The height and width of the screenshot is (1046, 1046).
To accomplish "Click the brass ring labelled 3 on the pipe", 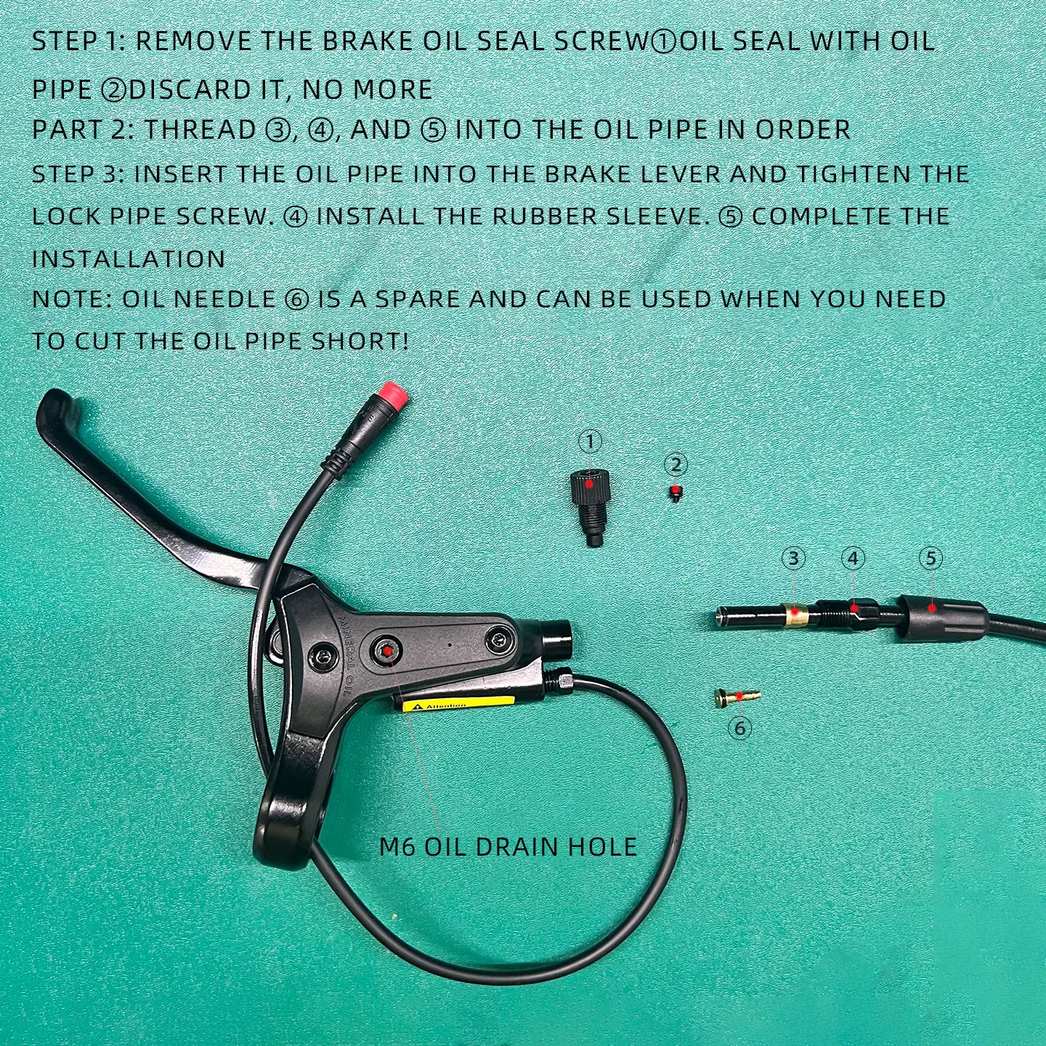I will point(795,615).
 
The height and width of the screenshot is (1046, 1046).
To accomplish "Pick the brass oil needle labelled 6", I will point(737,697).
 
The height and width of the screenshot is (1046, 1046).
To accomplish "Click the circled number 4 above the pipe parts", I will point(854,558).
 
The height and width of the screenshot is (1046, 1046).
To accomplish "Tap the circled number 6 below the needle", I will point(739,727).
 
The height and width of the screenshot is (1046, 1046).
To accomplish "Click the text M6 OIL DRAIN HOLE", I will point(508,847).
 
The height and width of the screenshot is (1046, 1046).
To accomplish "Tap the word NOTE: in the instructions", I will point(71,299).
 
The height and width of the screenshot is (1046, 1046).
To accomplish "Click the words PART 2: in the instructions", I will point(82,130).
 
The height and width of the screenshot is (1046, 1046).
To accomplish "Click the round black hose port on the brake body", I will point(558,636).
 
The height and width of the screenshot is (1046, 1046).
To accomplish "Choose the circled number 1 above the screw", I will point(591,441).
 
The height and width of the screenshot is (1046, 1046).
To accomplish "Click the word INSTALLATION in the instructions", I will point(129,259).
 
